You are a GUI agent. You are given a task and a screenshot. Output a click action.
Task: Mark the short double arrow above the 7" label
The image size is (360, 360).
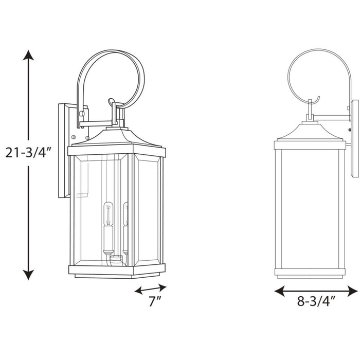[x=151, y=289]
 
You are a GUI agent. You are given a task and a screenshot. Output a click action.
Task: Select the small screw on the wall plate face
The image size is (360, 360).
[x=74, y=137]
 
